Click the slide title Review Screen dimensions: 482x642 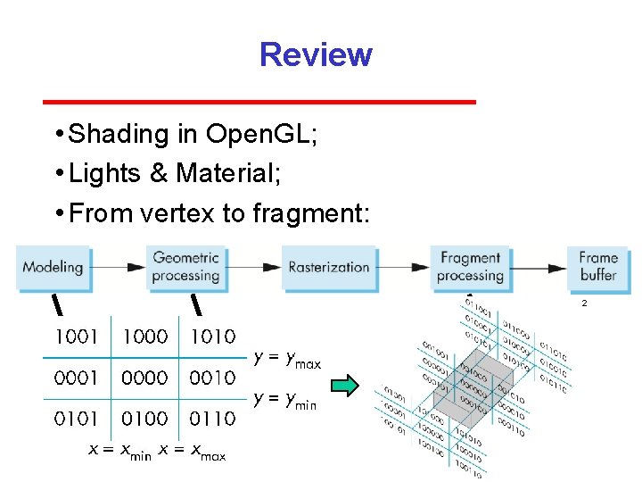[x=315, y=55]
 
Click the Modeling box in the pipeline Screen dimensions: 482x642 [x=53, y=267]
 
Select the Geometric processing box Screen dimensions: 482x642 [x=185, y=267]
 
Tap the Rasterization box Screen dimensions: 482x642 [x=328, y=267]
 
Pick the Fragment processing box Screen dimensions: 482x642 [x=470, y=267]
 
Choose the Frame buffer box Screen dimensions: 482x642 [x=598, y=267]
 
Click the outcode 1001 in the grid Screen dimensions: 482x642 [x=77, y=337]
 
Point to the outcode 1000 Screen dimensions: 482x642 [x=144, y=337]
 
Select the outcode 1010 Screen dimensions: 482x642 [x=212, y=337]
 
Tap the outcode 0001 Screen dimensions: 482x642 [x=77, y=378]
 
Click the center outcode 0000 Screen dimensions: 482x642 [x=144, y=378]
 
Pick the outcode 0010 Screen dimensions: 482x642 [x=212, y=378]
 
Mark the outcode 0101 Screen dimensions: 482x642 [x=77, y=418]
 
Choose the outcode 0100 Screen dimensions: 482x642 [x=144, y=418]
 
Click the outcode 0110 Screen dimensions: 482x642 [x=212, y=418]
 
